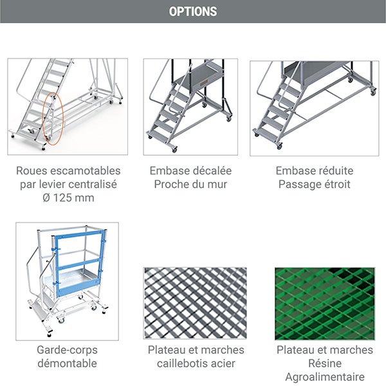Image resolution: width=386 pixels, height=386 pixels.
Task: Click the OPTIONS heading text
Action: (x=193, y=12)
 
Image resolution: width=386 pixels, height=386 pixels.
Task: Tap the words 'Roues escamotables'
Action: (x=68, y=171)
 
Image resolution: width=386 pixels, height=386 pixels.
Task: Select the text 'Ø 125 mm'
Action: (x=68, y=198)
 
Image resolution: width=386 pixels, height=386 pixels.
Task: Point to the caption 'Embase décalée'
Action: (x=190, y=171)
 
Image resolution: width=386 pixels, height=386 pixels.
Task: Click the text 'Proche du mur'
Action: (x=190, y=185)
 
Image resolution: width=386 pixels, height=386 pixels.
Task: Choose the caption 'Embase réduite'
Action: (x=315, y=171)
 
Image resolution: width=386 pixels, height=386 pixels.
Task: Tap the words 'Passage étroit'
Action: (x=315, y=185)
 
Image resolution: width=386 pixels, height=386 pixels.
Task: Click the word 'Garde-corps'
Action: (x=68, y=350)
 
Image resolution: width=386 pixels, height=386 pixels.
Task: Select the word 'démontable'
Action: (x=68, y=363)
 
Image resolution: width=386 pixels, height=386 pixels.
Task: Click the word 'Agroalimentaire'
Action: (x=325, y=377)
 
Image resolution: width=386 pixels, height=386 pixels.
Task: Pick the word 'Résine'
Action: (x=325, y=363)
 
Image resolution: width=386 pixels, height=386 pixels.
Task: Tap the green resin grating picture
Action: (x=324, y=304)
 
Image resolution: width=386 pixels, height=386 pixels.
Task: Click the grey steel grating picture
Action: (x=196, y=304)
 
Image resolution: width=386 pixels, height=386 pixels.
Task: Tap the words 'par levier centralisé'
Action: (x=68, y=185)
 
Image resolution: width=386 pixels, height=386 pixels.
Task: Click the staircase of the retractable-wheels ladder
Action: (x=48, y=90)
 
